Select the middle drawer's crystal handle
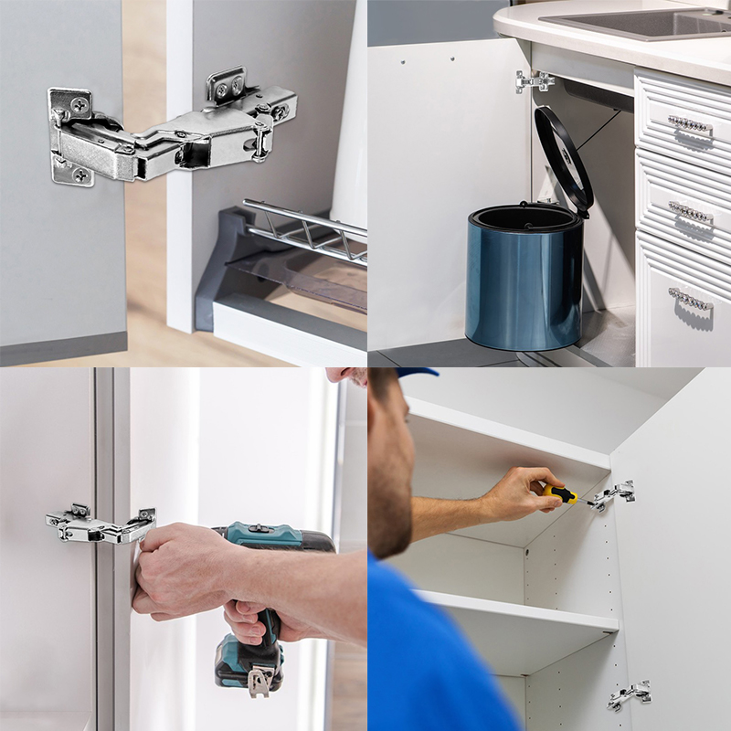(x=689, y=213)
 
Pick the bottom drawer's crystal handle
(x=689, y=298)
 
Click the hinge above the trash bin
(x=534, y=81)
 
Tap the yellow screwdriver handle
(x=559, y=494)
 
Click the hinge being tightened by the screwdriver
(x=611, y=495)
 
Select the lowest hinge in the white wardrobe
(x=629, y=695)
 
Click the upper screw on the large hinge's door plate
(x=79, y=105)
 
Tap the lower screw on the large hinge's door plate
(x=80, y=174)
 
